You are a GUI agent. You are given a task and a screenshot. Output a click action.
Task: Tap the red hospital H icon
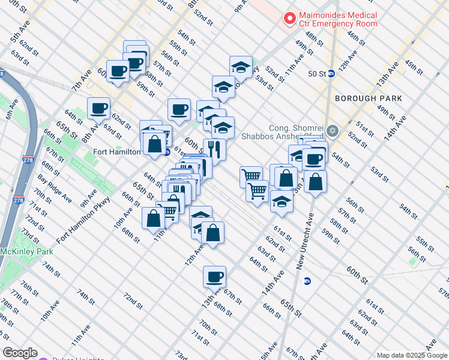coord(290,19)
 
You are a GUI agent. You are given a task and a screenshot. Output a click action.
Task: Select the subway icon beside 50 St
coord(331,74)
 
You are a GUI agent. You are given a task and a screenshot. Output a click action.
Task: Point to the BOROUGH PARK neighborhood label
coord(364,98)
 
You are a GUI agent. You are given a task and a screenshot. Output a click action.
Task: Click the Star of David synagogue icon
coord(333,131)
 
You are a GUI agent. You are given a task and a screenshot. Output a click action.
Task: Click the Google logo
coord(20,353)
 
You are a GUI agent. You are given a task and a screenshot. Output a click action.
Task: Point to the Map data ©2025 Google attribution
coord(411,355)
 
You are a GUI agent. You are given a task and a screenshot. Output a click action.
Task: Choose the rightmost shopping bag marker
coord(315,181)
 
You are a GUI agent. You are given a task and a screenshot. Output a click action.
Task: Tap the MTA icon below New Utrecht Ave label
coord(307,280)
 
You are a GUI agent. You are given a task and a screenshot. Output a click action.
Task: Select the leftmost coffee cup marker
coord(98,109)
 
